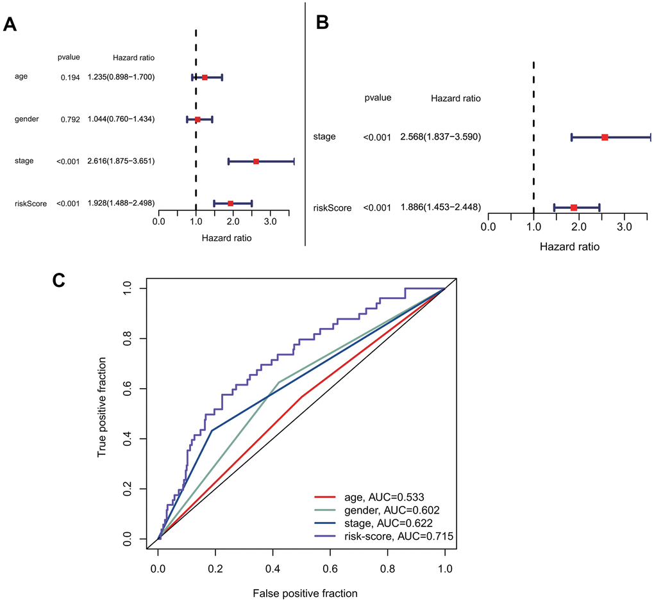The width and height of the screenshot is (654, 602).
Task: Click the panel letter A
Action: point(10,24)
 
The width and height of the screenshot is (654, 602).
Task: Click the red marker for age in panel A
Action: point(205,77)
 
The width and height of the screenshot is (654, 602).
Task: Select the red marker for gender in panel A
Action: point(197,120)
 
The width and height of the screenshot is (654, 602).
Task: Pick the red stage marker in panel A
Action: point(256,161)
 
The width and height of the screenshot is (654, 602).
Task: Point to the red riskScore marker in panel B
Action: point(574,207)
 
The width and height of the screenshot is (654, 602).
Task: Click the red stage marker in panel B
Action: point(605,137)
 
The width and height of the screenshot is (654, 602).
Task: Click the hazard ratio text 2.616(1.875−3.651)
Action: point(121,161)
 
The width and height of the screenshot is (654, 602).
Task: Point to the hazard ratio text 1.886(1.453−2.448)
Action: point(440,207)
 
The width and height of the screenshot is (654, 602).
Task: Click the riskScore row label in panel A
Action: point(30,204)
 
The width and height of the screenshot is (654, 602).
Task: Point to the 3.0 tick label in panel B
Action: point(625,227)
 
